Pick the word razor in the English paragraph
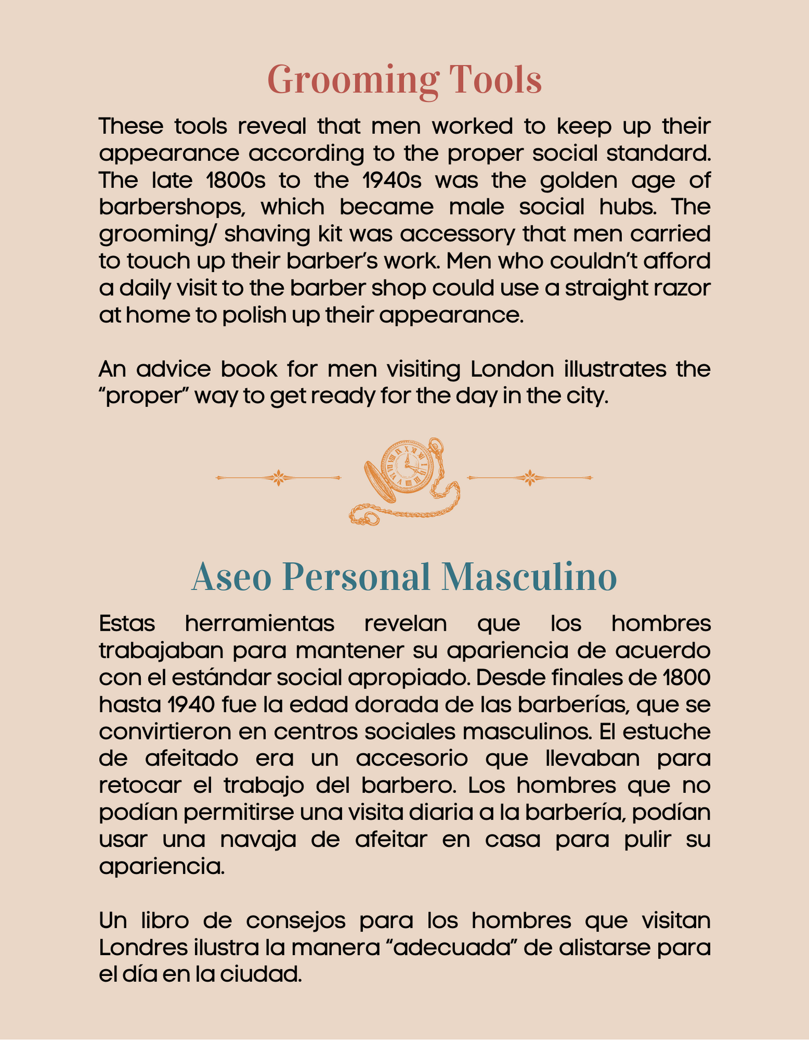coord(686,288)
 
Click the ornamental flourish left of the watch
coord(279,477)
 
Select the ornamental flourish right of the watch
coord(530,477)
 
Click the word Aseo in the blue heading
coord(232,577)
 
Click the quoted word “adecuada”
coord(451,948)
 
